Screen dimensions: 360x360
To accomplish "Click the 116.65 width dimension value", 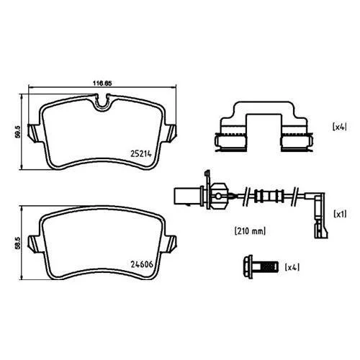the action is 102,83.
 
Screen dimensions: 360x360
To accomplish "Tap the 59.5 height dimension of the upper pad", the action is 17,132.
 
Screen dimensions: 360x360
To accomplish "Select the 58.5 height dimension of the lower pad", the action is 17,243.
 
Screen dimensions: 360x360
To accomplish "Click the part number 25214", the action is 141,154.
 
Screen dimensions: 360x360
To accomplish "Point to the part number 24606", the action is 142,264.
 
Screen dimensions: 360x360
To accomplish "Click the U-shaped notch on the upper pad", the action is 102,103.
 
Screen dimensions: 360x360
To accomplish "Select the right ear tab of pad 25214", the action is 170,133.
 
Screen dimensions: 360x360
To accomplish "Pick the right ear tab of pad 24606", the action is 170,244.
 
